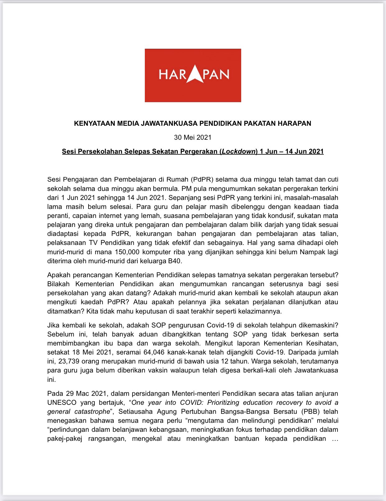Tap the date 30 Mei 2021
pos(193,137)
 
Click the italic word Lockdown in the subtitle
pos(239,151)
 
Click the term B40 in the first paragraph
pos(174,261)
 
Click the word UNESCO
pos(62,403)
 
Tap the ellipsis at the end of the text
pos(335,439)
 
